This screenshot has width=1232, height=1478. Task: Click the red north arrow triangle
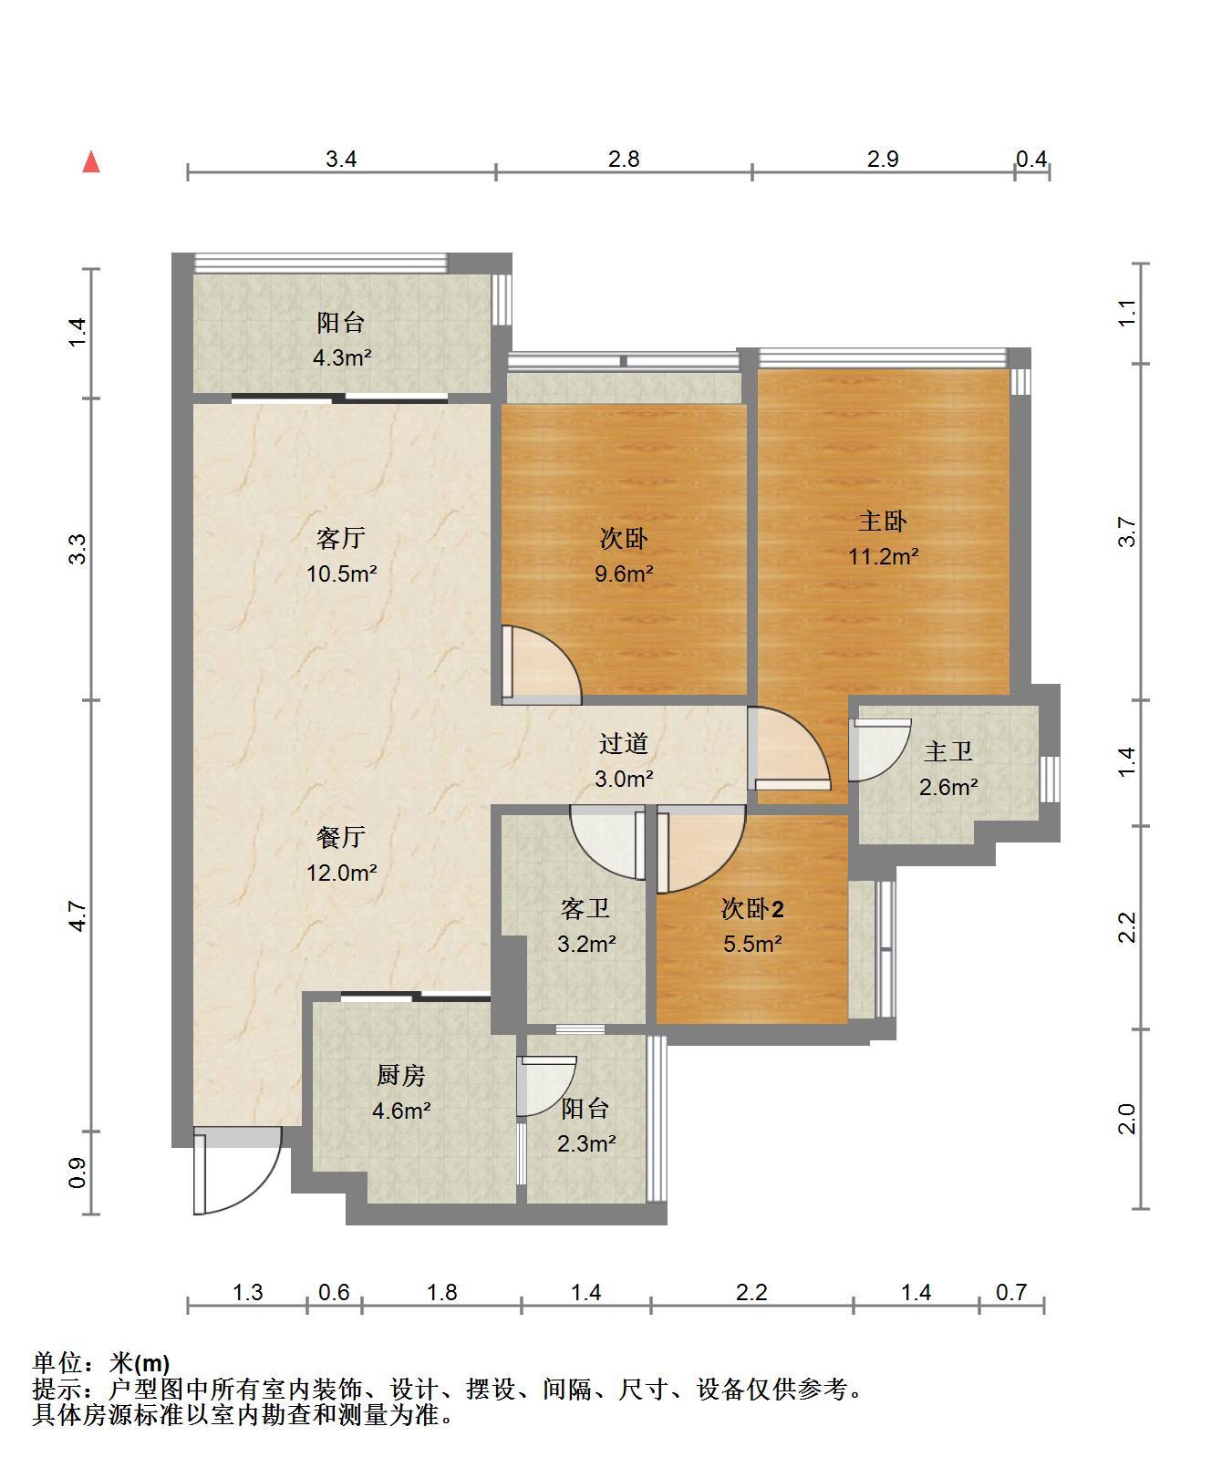(91, 162)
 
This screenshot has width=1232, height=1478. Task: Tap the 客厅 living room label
(341, 538)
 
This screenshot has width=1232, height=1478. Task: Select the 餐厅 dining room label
(341, 837)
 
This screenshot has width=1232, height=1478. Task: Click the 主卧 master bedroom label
(883, 521)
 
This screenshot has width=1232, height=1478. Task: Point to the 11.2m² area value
(883, 556)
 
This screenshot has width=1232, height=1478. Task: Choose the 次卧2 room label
(752, 908)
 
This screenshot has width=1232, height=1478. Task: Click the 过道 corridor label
(624, 744)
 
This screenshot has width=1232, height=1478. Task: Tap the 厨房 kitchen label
(401, 1076)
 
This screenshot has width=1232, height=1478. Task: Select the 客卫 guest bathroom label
(585, 908)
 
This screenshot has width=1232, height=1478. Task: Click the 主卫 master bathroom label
(948, 751)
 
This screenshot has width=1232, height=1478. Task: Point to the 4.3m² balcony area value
(341, 357)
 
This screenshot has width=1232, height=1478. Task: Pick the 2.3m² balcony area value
(585, 1143)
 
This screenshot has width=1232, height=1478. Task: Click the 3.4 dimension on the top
(341, 159)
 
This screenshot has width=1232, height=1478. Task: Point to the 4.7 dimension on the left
(78, 915)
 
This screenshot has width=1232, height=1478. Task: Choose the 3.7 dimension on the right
(1127, 532)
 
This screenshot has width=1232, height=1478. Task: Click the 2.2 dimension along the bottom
(752, 1292)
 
